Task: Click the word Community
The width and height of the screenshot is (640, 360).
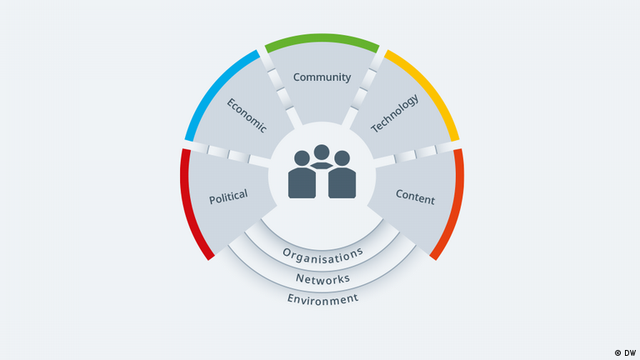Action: point(322,77)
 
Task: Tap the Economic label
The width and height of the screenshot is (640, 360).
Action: point(247,116)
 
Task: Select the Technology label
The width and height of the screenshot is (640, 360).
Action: point(395,113)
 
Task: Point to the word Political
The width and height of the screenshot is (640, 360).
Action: point(228,197)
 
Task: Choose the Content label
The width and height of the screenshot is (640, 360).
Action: point(415,197)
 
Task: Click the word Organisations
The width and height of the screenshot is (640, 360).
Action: point(322,255)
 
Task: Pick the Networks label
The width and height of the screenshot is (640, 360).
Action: point(322,279)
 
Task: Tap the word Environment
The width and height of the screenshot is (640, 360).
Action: point(322,299)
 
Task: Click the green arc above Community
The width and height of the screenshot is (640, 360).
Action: point(322,38)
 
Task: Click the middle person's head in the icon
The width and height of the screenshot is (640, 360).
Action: point(322,152)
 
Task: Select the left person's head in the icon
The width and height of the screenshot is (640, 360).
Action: point(302,158)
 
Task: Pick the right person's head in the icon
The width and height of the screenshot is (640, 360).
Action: point(342,158)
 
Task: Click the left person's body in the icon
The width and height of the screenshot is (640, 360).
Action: point(302,182)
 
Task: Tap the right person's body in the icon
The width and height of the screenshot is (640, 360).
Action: point(342,182)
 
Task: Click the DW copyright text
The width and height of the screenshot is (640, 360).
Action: point(625,353)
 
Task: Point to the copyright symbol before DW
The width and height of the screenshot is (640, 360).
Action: point(618,353)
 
